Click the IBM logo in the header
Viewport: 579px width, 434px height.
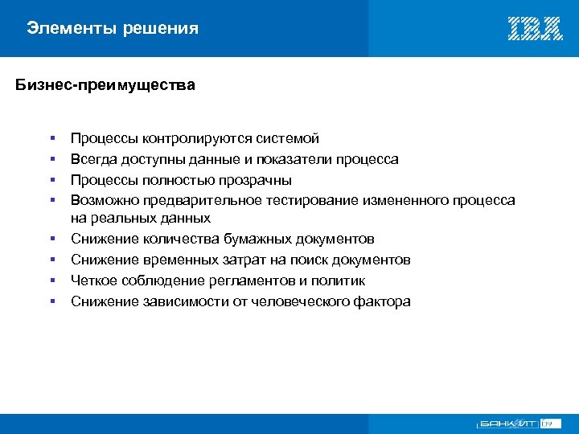(x=535, y=29)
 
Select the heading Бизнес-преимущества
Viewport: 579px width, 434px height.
(x=105, y=84)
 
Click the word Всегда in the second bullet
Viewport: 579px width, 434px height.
(x=92, y=159)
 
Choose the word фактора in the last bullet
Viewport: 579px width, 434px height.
(x=382, y=301)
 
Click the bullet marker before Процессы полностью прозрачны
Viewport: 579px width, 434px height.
(x=51, y=180)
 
